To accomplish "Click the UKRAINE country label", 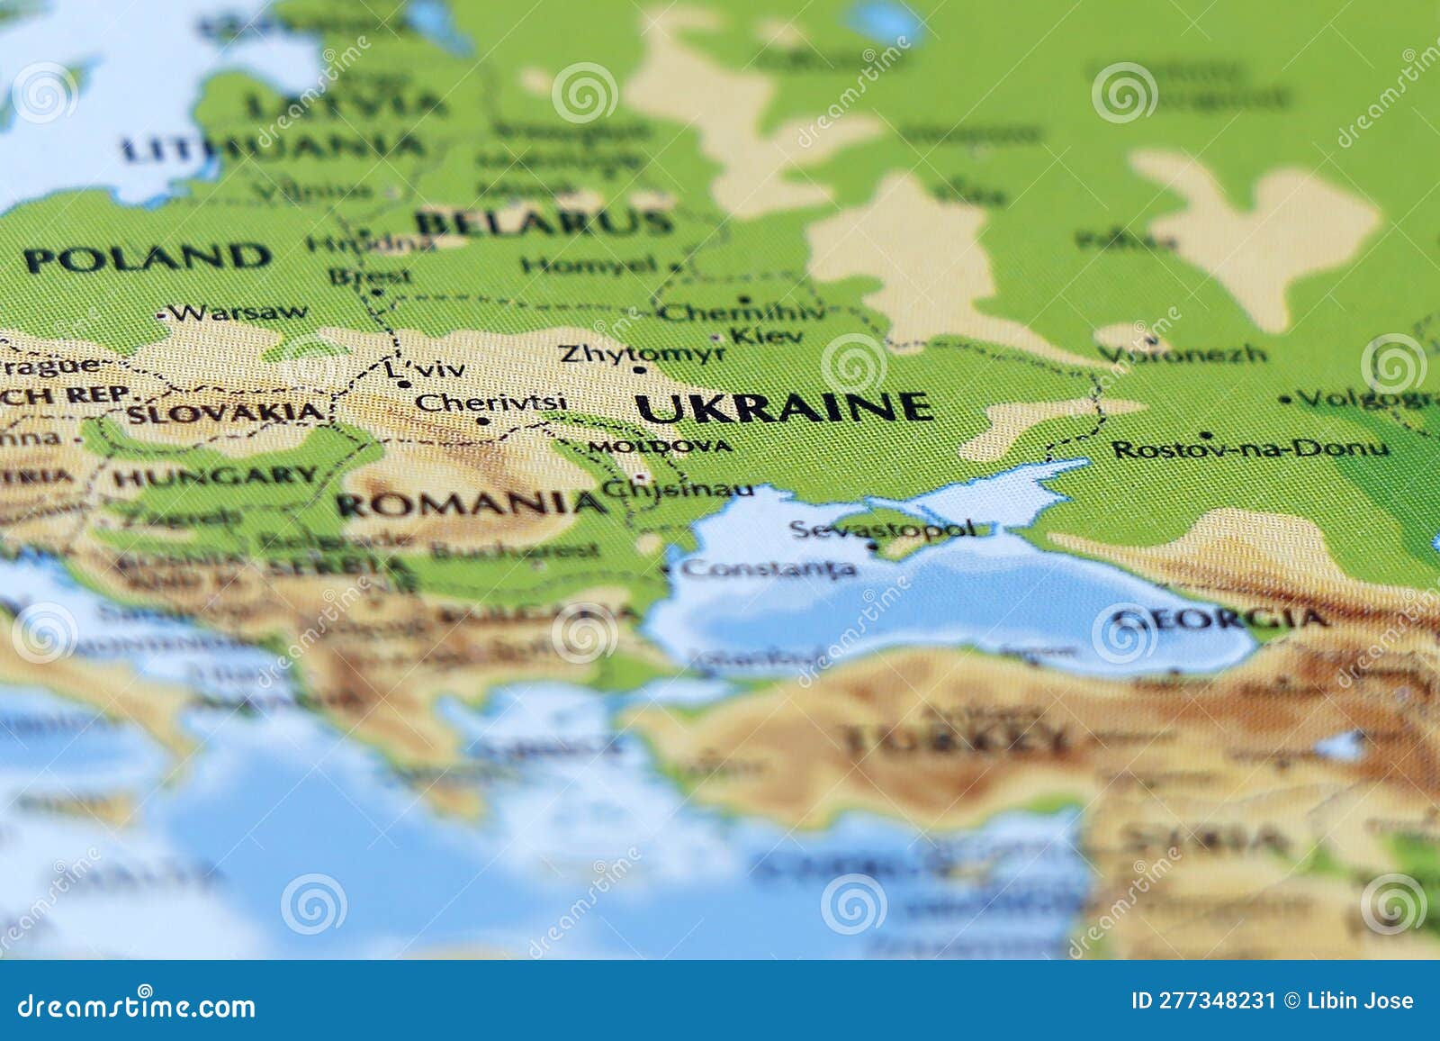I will pyautogui.click(x=783, y=408).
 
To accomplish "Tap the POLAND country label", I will pyautogui.click(x=148, y=258).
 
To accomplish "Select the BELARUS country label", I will pyautogui.click(x=544, y=222).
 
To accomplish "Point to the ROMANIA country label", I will pyautogui.click(x=471, y=503).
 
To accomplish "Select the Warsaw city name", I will pyautogui.click(x=241, y=313).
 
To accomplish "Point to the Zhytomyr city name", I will pyautogui.click(x=642, y=353).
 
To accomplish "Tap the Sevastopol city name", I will pyautogui.click(x=882, y=529).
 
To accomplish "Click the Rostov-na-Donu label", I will pyautogui.click(x=1250, y=448).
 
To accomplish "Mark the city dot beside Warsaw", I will pyautogui.click(x=162, y=316).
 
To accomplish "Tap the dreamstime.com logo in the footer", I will pyautogui.click(x=137, y=1005).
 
